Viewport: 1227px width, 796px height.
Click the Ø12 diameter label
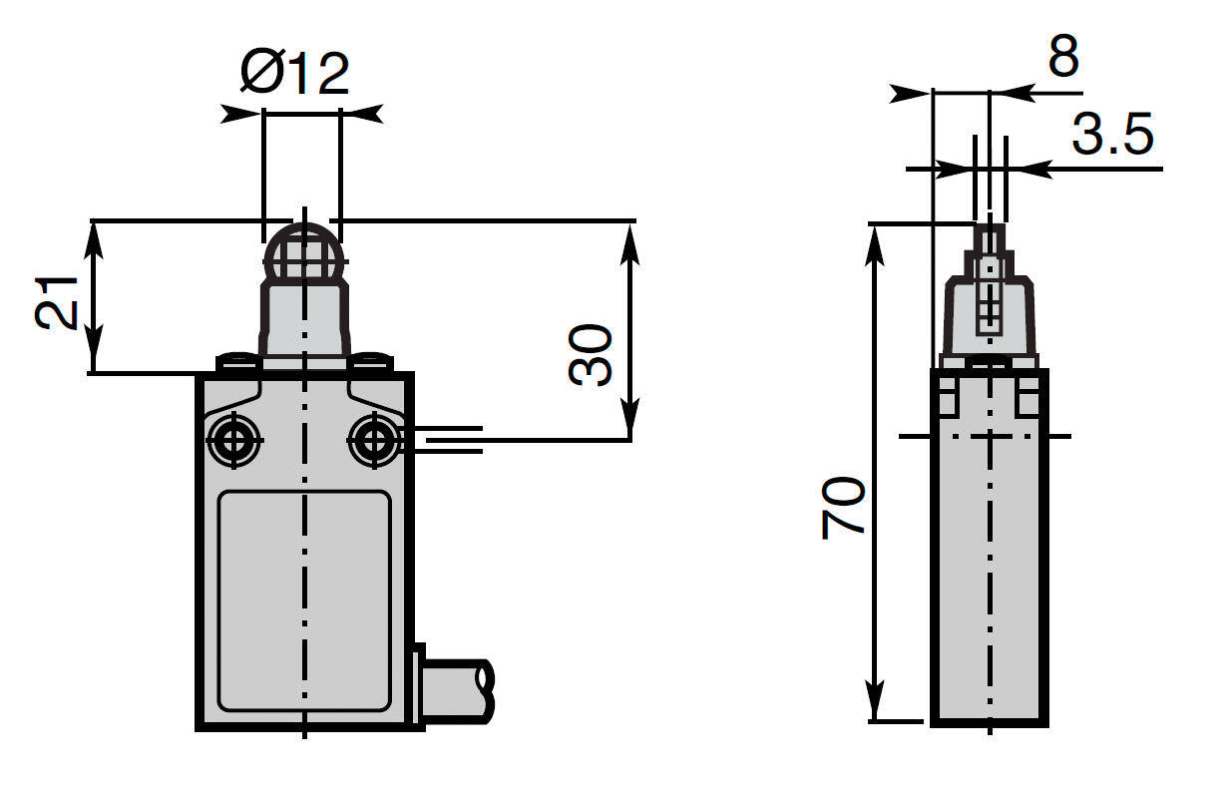296,74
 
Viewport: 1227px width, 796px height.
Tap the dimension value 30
592,354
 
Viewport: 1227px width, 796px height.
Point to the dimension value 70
844,509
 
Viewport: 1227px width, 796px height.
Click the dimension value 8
1063,58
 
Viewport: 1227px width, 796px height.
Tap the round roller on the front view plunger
302,255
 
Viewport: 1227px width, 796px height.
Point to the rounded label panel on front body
303,600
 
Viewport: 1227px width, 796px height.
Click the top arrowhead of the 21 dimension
93,235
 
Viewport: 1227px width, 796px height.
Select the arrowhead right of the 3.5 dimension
1027,169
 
